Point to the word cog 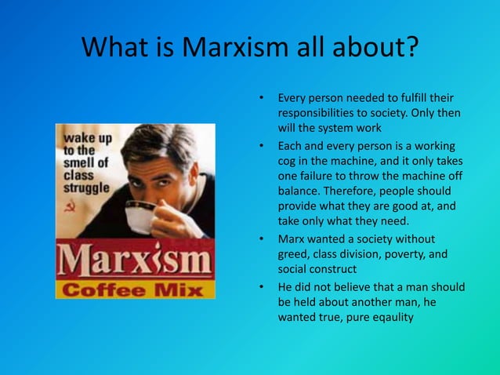288,161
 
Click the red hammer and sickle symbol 71,210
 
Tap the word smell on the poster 78,163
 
